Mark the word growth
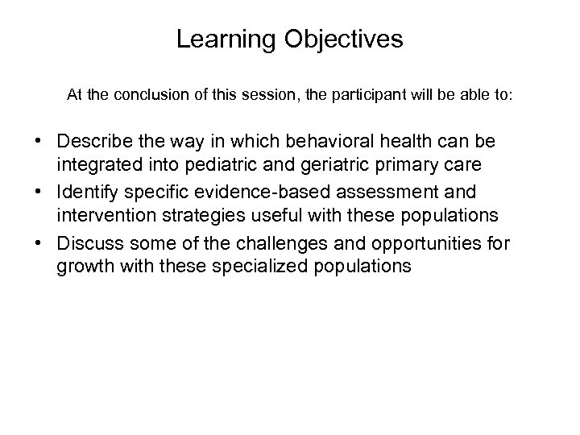click(82, 265)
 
